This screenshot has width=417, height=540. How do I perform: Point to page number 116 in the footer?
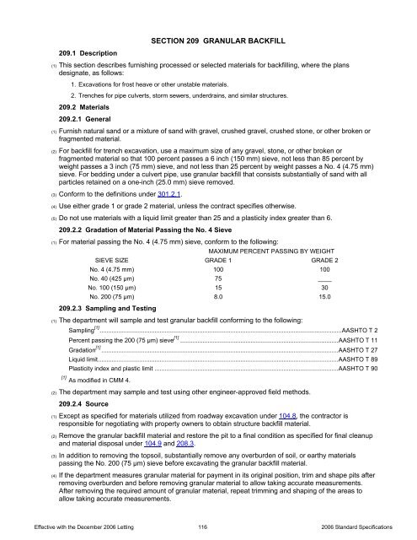208,527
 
